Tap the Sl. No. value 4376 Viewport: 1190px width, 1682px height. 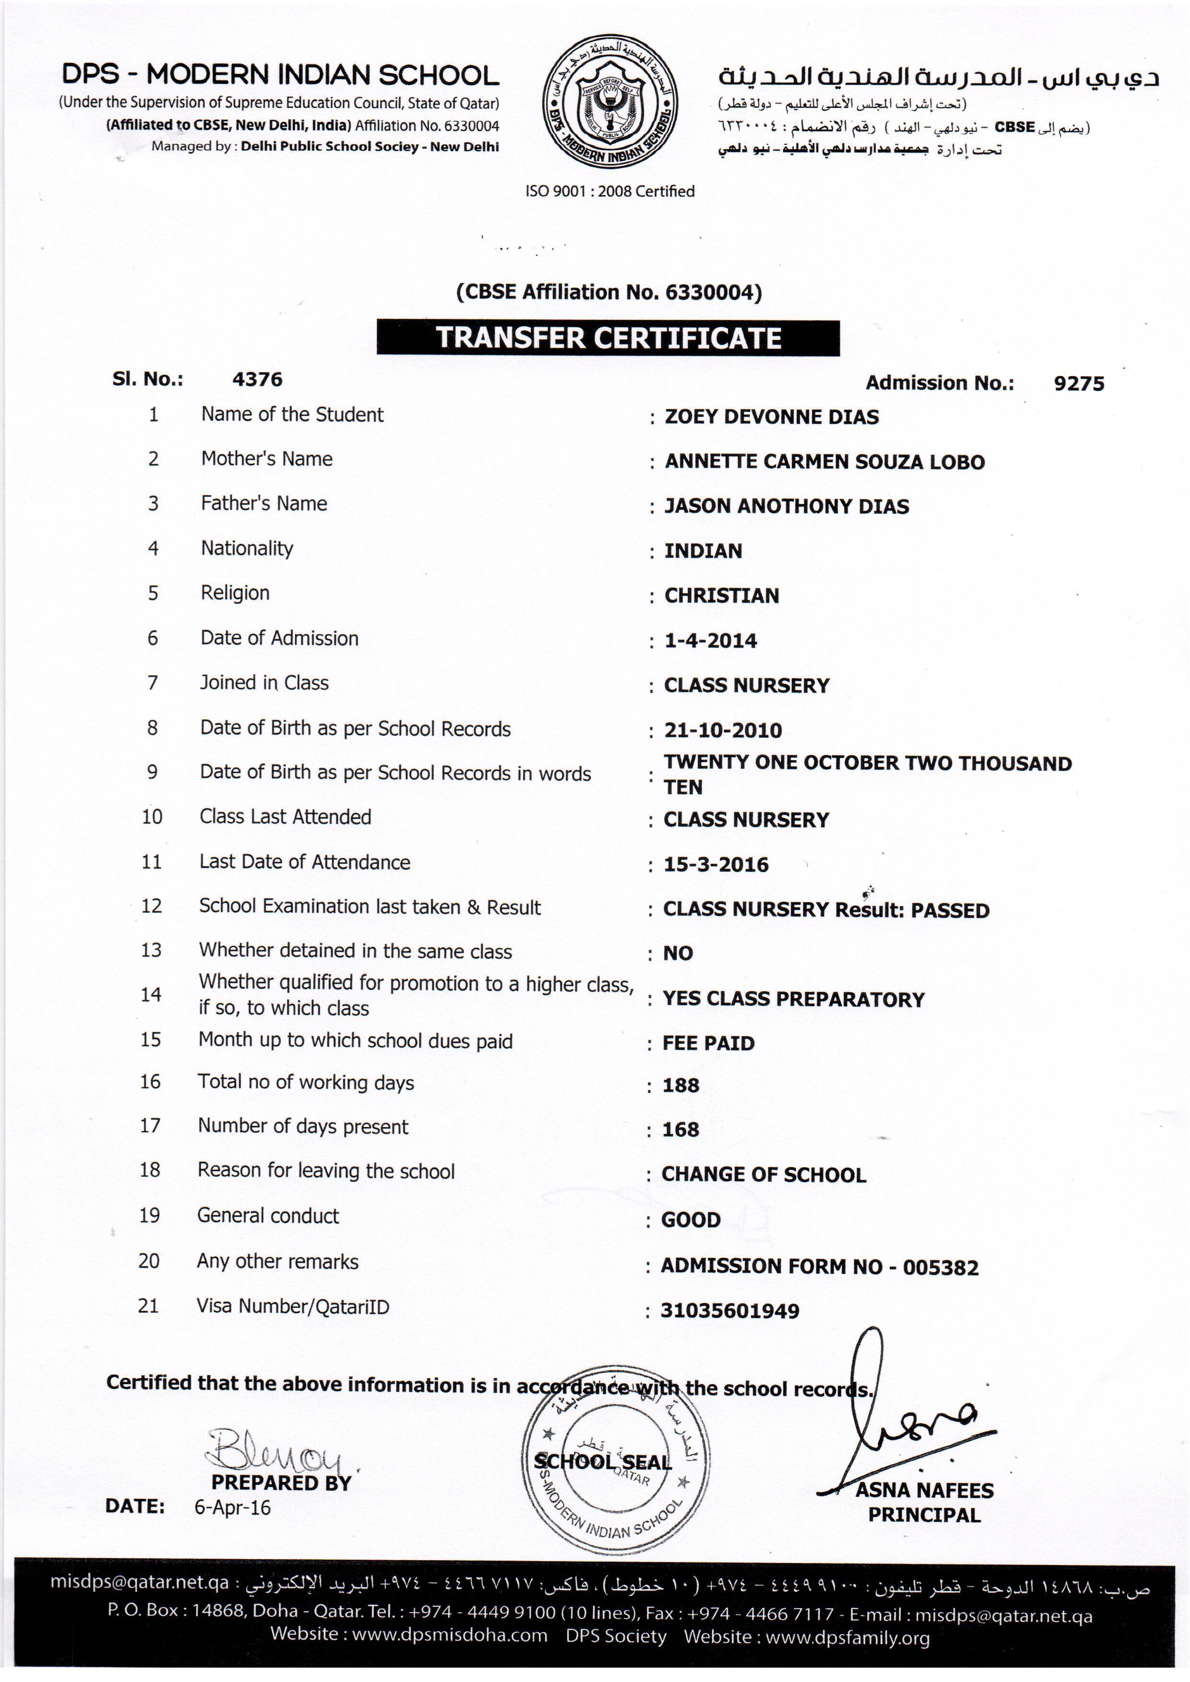257,379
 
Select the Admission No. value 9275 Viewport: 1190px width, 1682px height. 1079,383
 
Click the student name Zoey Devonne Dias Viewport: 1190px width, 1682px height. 772,417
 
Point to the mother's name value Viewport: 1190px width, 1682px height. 825,461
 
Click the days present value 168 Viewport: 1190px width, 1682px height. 681,1129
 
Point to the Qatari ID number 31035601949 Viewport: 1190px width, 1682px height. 730,1311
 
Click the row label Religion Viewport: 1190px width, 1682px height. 235,593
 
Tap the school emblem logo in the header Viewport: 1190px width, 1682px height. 610,103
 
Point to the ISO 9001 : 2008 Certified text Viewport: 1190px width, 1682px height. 610,191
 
